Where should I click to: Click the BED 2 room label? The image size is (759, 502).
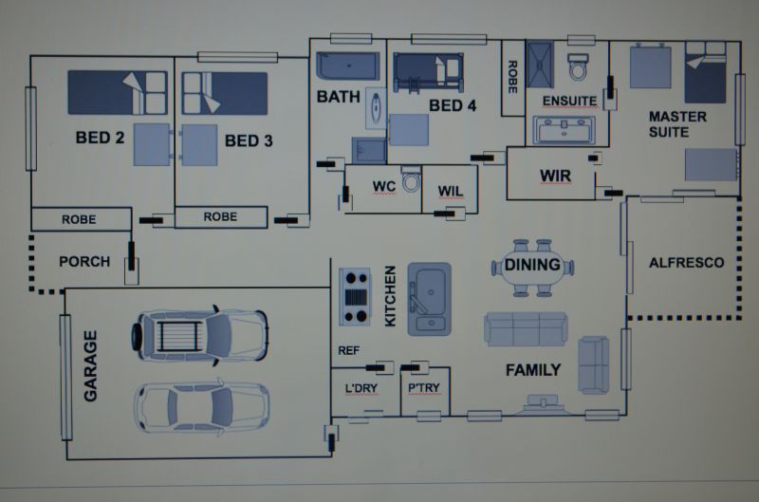(x=100, y=138)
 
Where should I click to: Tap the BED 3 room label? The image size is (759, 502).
(x=249, y=140)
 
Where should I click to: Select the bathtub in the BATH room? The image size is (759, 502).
(x=348, y=65)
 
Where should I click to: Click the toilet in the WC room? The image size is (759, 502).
(x=411, y=178)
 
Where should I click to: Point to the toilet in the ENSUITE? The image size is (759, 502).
(x=578, y=66)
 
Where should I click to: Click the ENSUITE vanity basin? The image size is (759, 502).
(x=564, y=130)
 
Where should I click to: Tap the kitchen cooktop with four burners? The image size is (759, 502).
(x=355, y=296)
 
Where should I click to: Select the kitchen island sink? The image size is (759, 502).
(x=430, y=299)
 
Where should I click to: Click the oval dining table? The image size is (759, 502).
(x=532, y=267)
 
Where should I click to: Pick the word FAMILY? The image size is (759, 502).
(x=533, y=370)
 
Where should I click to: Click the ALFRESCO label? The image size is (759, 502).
(x=686, y=263)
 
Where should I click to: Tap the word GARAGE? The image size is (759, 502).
(x=90, y=366)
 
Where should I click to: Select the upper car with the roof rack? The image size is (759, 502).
(x=199, y=336)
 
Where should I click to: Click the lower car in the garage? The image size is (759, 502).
(x=201, y=407)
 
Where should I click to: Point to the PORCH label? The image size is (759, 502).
(x=84, y=262)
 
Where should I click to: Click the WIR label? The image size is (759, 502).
(x=556, y=176)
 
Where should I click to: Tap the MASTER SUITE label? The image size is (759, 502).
(x=677, y=124)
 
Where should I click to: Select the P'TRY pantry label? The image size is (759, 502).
(x=423, y=388)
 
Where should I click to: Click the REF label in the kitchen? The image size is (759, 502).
(x=348, y=350)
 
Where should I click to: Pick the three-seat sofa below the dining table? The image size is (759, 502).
(x=526, y=329)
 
